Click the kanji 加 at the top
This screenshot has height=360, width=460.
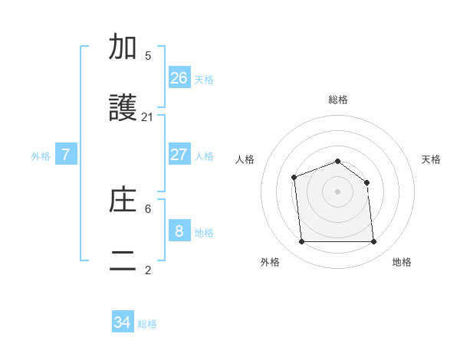click(x=123, y=47)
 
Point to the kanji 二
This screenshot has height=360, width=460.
click(x=123, y=260)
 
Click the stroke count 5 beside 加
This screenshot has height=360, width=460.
click(x=148, y=56)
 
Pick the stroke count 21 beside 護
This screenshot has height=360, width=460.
click(x=148, y=117)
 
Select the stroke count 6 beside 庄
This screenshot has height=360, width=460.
click(x=148, y=208)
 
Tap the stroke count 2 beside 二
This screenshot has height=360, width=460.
click(x=148, y=270)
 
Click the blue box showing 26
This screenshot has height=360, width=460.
click(x=179, y=78)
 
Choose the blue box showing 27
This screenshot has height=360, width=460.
click(x=179, y=155)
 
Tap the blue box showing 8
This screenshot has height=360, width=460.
click(x=179, y=231)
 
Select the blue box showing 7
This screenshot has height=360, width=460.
click(x=66, y=155)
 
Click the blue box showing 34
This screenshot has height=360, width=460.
click(x=123, y=322)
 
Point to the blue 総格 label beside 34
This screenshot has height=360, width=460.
click(x=147, y=324)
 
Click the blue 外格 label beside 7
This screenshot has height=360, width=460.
click(x=41, y=156)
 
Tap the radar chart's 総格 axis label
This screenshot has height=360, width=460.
click(x=338, y=100)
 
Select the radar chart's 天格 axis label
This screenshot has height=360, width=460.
click(x=432, y=159)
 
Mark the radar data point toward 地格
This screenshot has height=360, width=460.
click(x=374, y=242)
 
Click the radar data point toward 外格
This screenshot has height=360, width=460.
click(x=301, y=242)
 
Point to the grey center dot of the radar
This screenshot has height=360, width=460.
click(x=337, y=191)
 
